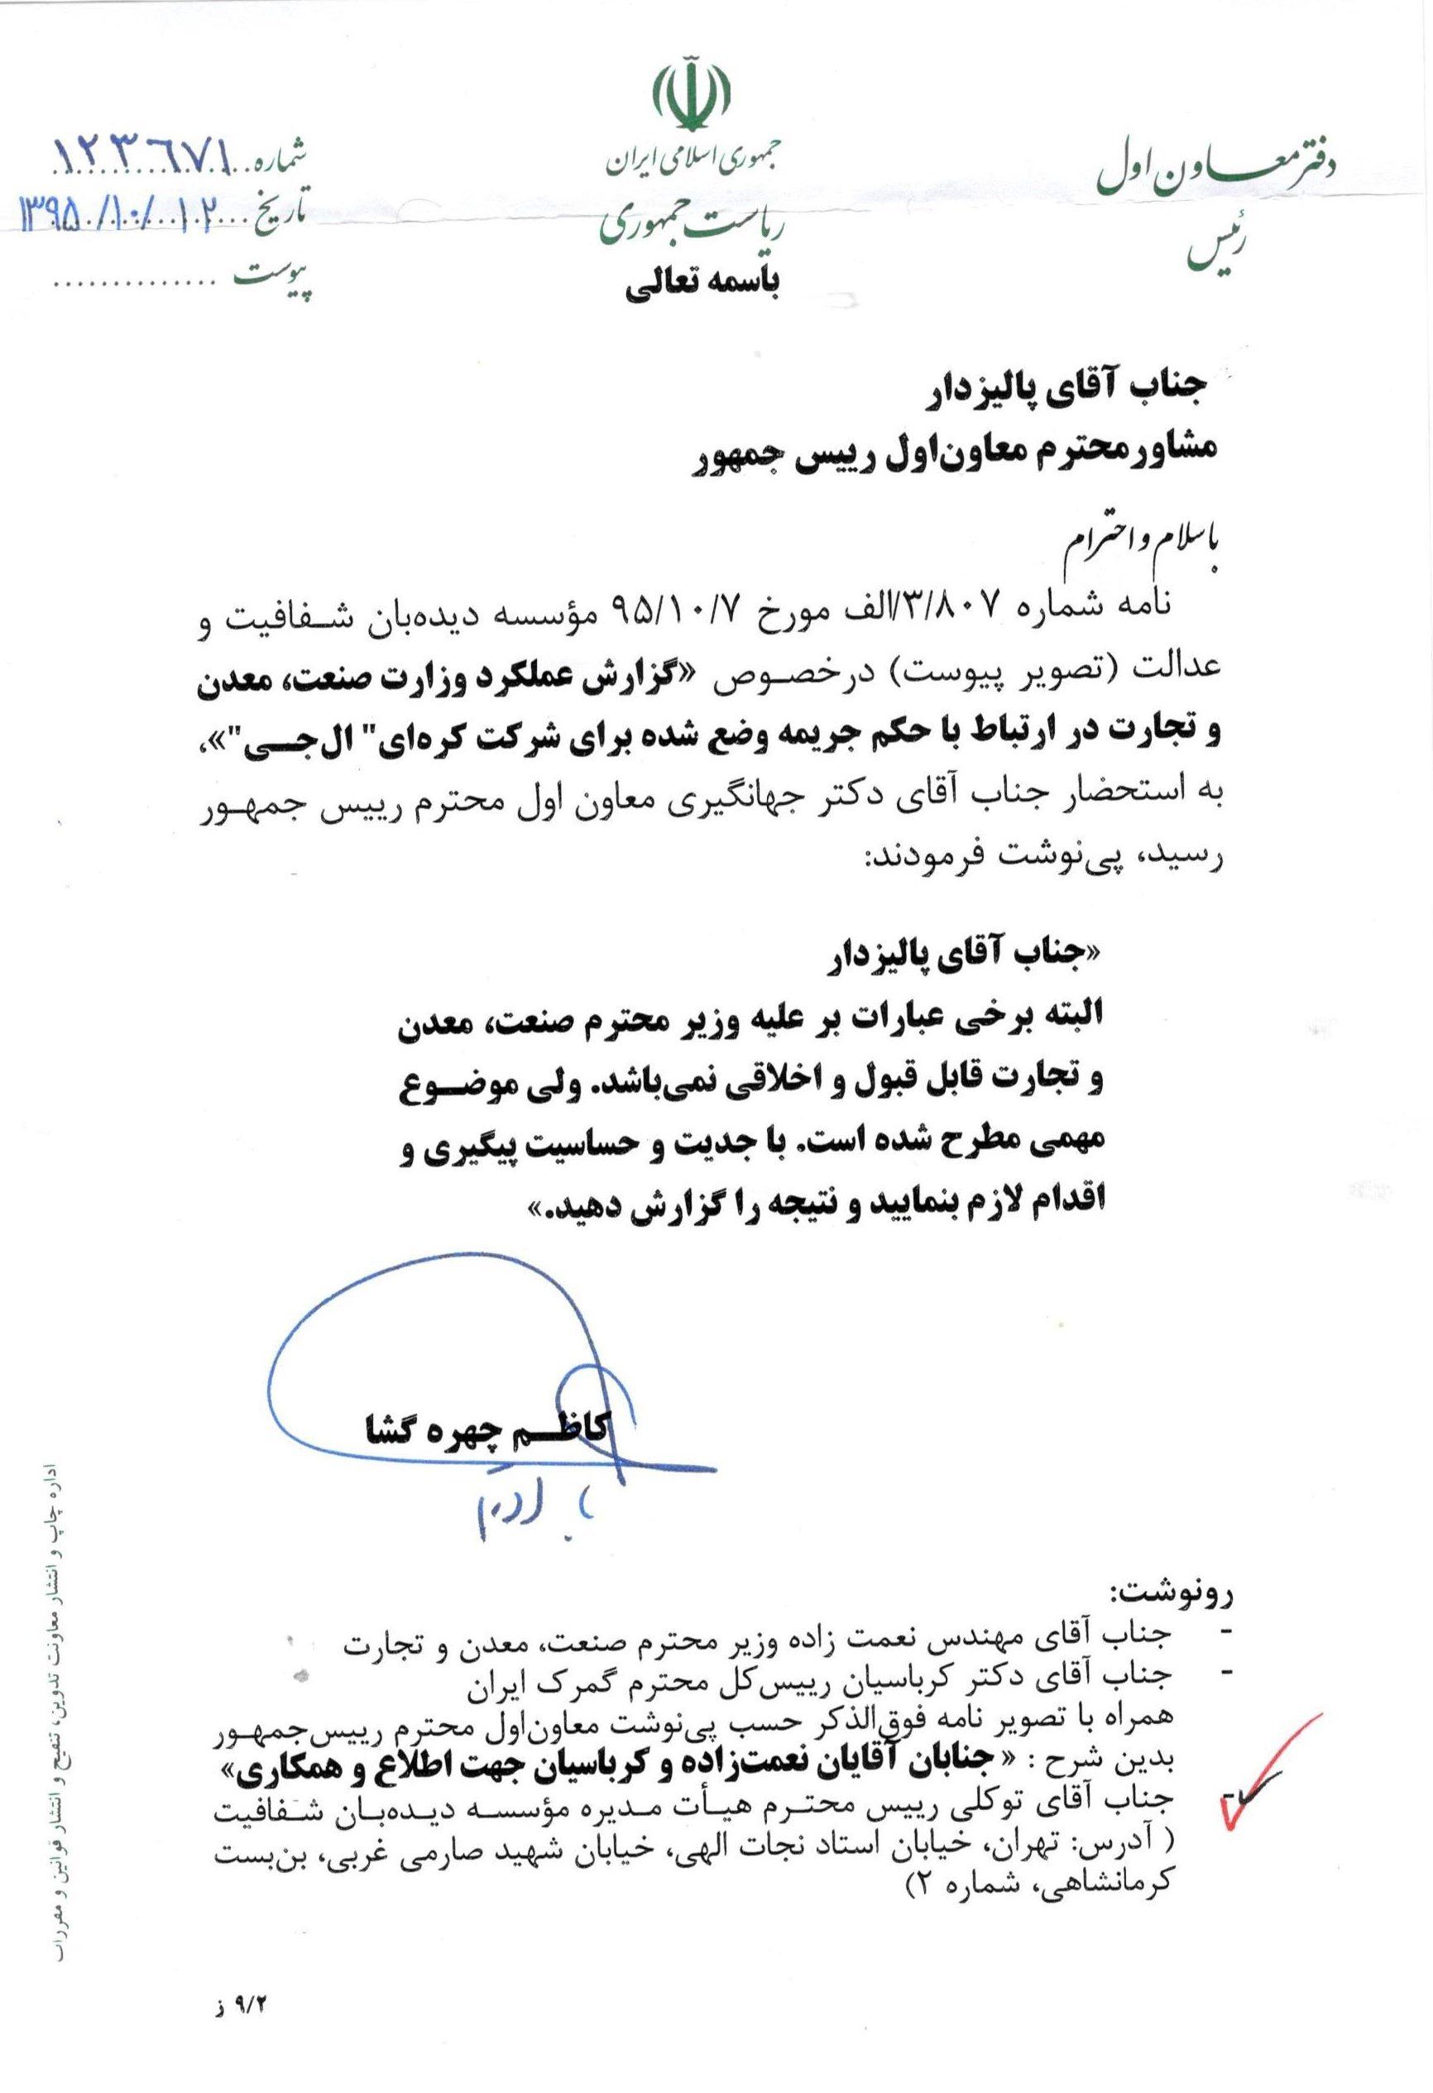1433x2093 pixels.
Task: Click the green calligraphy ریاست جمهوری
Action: point(693,227)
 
